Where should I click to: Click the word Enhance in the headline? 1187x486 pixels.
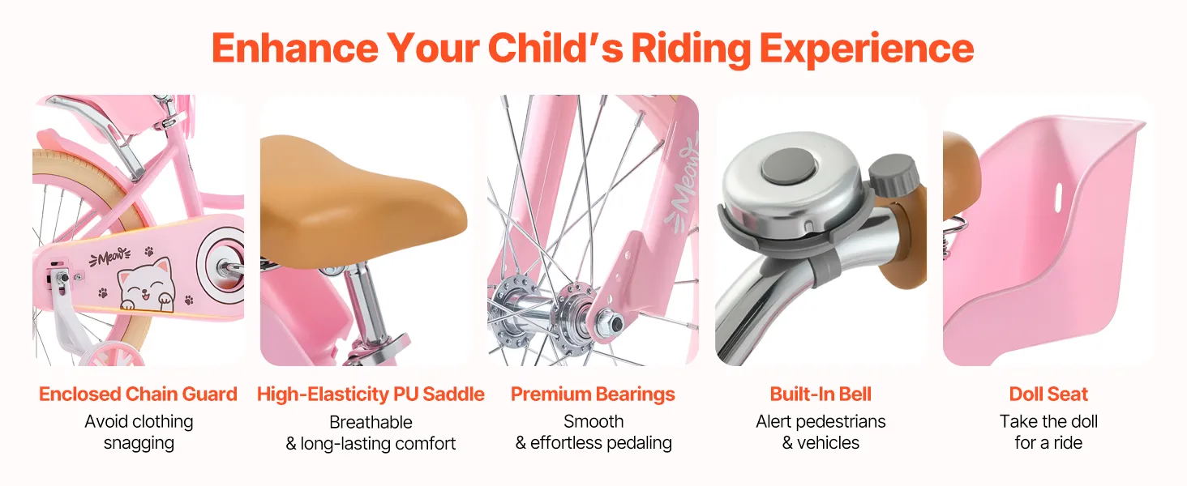click(x=294, y=48)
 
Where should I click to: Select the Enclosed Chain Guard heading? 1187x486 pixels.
click(x=138, y=394)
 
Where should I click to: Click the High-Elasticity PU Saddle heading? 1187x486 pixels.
click(x=371, y=394)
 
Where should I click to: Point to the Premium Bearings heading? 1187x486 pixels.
click(x=593, y=395)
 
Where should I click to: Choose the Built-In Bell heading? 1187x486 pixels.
click(x=821, y=394)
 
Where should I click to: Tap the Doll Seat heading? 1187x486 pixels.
click(x=1048, y=394)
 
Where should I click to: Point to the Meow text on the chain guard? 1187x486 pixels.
click(x=110, y=258)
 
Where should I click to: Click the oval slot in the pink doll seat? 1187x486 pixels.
click(x=1058, y=198)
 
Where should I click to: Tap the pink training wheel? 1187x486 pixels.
click(x=114, y=354)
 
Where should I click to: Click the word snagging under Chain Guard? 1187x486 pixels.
click(x=139, y=443)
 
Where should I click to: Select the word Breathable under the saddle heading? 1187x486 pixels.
click(x=371, y=422)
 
